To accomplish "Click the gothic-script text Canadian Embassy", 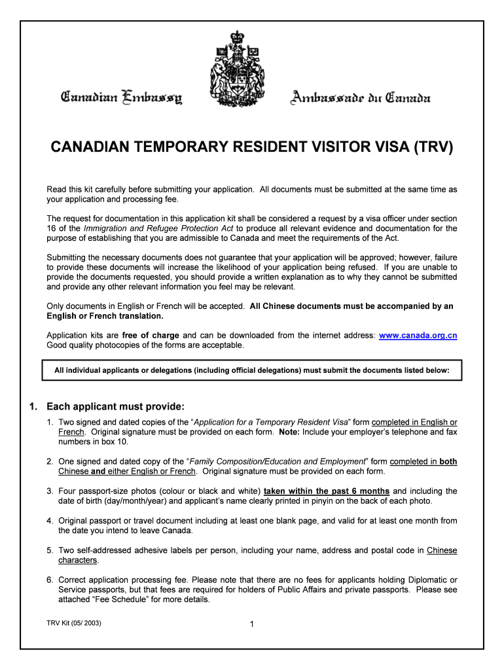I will click(122, 99).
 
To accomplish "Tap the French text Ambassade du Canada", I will click(361, 99).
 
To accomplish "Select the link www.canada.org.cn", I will click(418, 336).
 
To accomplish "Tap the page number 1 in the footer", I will click(252, 624).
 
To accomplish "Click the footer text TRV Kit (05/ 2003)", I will click(74, 622).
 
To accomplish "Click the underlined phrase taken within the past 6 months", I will click(327, 491).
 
